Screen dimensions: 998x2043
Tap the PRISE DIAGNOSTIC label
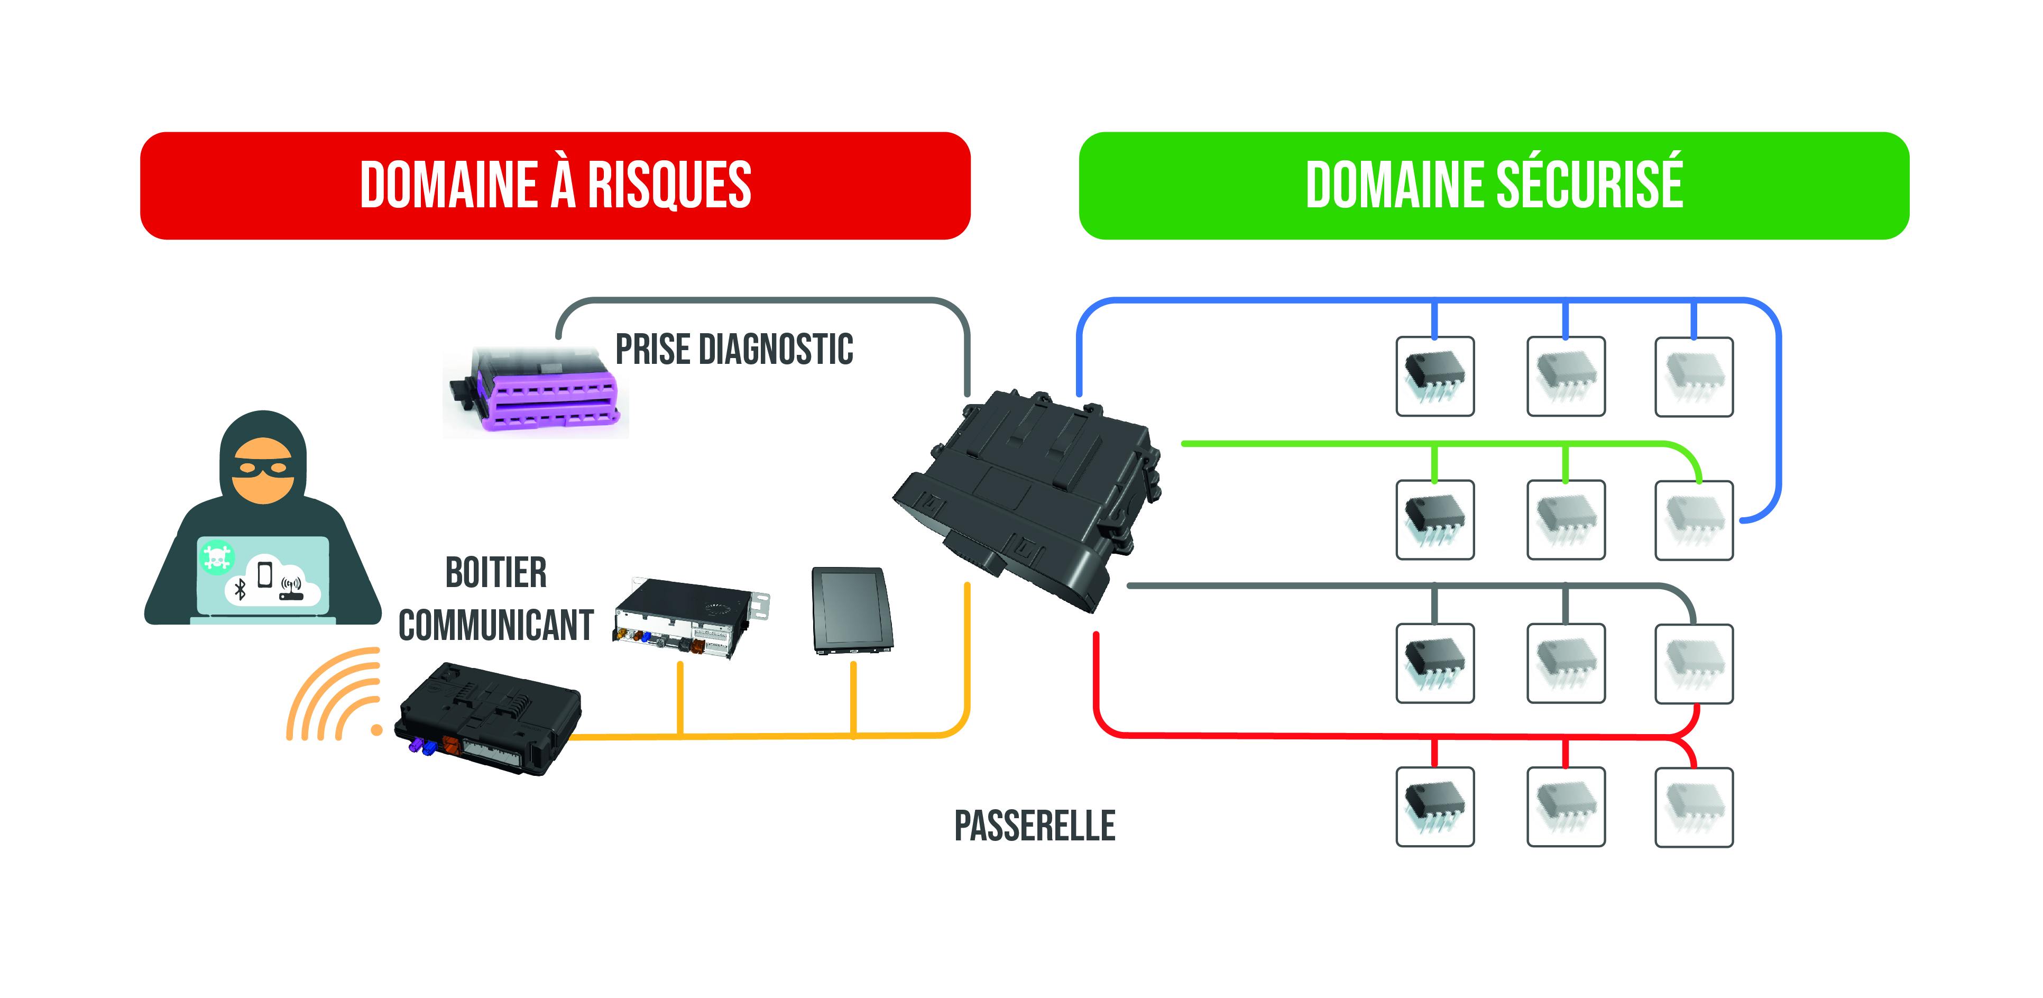coord(734,350)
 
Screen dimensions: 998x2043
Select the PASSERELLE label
coord(1034,826)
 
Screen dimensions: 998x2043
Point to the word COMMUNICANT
coord(496,625)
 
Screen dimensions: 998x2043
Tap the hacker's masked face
coord(262,470)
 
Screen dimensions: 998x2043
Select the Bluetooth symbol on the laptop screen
coord(240,589)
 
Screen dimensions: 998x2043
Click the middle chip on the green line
coord(1566,519)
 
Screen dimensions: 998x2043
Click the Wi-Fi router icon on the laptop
coord(291,589)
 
